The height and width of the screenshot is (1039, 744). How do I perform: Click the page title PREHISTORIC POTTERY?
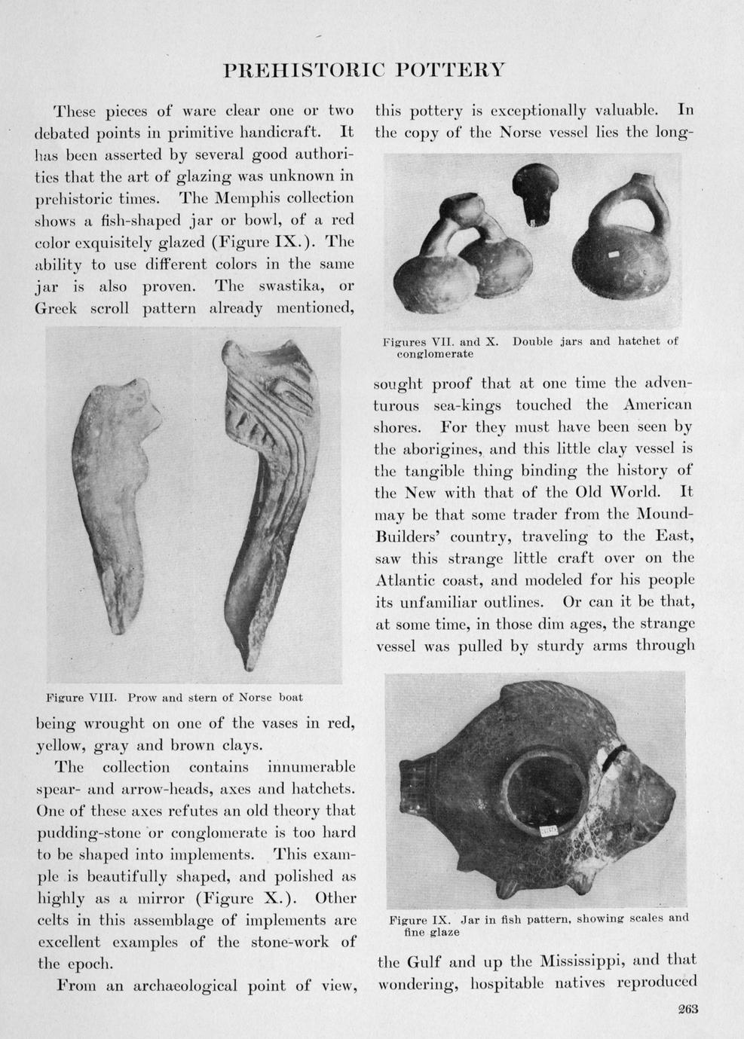(364, 71)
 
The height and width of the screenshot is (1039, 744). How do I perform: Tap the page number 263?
(687, 1010)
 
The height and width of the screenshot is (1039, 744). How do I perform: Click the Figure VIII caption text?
(174, 698)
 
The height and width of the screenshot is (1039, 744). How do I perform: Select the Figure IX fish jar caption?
(538, 924)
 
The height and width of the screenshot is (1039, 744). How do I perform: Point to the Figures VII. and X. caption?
(530, 347)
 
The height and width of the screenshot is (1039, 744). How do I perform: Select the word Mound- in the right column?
(661, 515)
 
